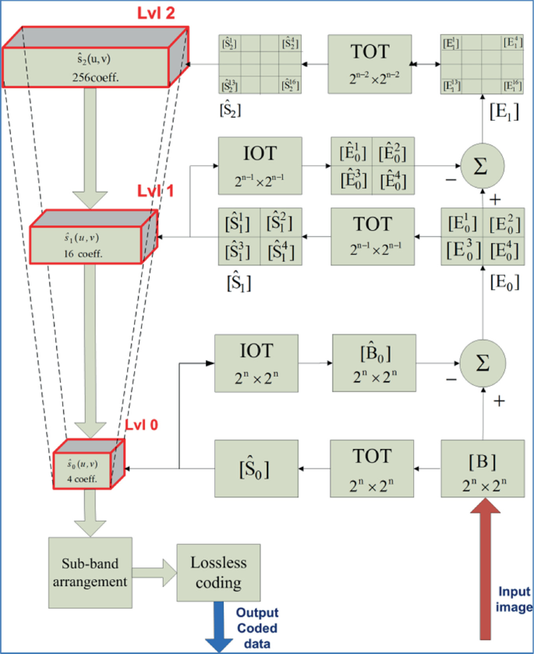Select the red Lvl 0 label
pyautogui.click(x=142, y=425)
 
